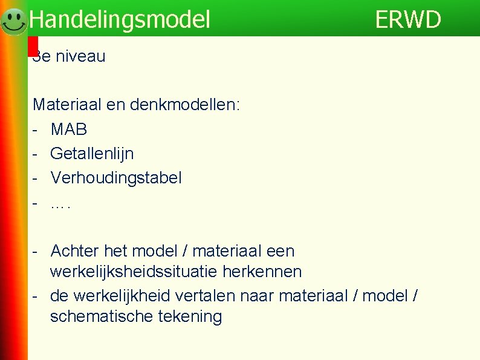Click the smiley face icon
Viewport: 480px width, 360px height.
tap(13, 22)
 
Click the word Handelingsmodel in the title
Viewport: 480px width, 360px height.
tap(120, 20)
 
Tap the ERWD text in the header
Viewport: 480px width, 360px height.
tap(408, 20)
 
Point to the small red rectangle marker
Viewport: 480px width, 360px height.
tap(33, 46)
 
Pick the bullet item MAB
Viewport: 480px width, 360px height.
tap(69, 129)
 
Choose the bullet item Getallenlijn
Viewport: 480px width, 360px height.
tap(92, 154)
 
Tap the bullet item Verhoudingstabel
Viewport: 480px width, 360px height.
tap(116, 178)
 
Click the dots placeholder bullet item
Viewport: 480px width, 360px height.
tap(60, 204)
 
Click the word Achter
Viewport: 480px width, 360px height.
tap(76, 250)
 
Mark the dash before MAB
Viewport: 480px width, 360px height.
tap(36, 129)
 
